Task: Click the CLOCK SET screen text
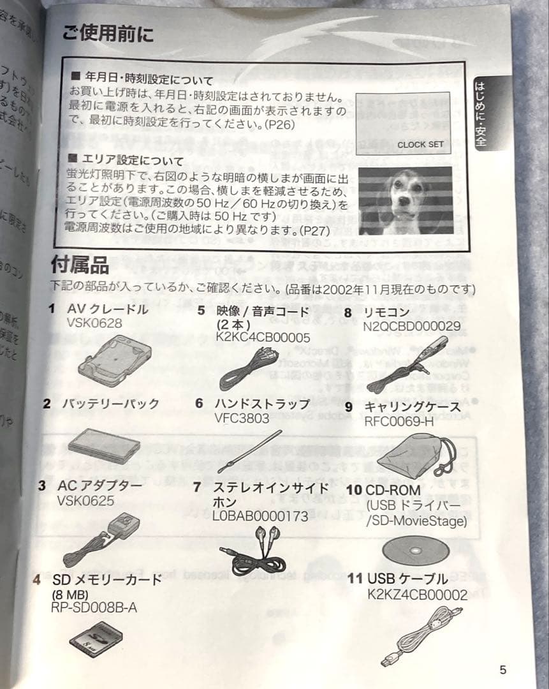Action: click(420, 144)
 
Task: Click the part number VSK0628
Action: click(94, 323)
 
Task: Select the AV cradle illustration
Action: click(115, 361)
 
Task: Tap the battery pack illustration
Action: click(104, 445)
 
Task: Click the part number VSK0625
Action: click(85, 501)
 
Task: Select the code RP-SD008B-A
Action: click(93, 608)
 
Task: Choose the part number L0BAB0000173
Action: click(260, 517)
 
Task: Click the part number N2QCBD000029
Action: click(411, 327)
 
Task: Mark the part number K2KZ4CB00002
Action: click(418, 595)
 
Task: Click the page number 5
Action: click(503, 670)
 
